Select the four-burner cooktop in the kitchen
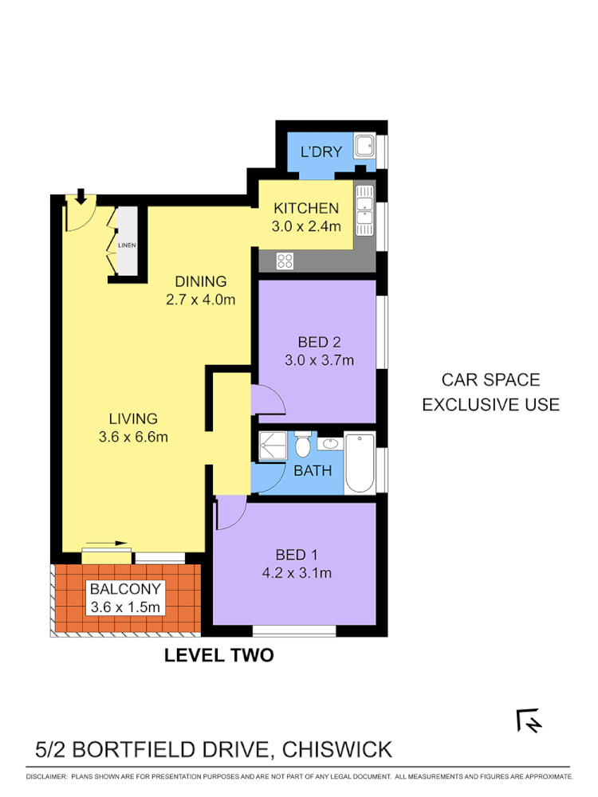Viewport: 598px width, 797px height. point(285,260)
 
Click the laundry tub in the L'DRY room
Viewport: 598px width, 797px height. point(366,146)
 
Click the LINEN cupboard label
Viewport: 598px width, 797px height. point(126,245)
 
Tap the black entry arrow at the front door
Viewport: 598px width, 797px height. point(81,195)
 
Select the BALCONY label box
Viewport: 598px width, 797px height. point(126,599)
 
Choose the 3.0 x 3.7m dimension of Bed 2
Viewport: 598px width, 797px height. point(319,359)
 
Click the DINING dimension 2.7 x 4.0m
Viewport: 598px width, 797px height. point(200,300)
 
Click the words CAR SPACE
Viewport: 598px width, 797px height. point(490,380)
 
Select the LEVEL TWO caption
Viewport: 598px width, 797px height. point(218,655)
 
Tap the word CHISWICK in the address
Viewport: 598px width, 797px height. point(337,749)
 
